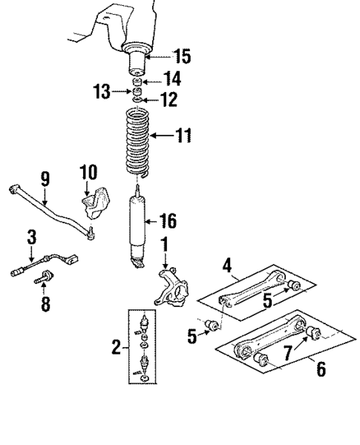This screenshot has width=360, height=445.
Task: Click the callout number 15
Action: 181,56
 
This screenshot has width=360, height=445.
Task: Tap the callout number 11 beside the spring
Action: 183,136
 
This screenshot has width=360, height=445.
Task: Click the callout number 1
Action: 164,244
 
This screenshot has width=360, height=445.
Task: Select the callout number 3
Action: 31,238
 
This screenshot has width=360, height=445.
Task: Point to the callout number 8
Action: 46,304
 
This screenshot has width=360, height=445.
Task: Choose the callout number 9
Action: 45,179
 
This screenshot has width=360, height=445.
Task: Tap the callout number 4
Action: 226,263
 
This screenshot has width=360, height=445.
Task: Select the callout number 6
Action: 321,369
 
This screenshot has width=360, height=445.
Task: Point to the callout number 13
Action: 102,92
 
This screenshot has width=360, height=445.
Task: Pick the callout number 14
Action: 172,79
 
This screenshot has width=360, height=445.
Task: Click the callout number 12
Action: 171,99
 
